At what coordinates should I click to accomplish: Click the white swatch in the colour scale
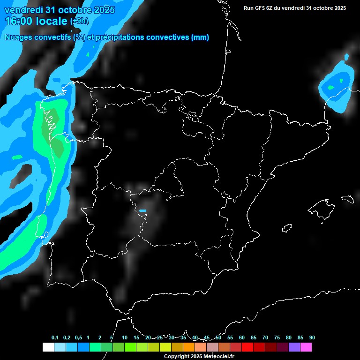(x=48, y=347)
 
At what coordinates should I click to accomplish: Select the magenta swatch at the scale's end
(x=306, y=347)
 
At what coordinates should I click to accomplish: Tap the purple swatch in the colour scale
(x=294, y=347)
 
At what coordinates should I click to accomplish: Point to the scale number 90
(x=312, y=337)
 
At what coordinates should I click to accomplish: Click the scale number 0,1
(x=55, y=337)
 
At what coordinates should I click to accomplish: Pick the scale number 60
(x=241, y=337)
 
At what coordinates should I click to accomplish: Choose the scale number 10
(x=125, y=337)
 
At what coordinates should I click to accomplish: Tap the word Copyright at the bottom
(x=176, y=357)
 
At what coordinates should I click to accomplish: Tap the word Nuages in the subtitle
(x=17, y=37)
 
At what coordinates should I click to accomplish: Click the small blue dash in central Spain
(x=143, y=210)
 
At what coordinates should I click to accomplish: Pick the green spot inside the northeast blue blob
(x=331, y=87)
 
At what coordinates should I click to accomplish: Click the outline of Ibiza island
(x=287, y=228)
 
